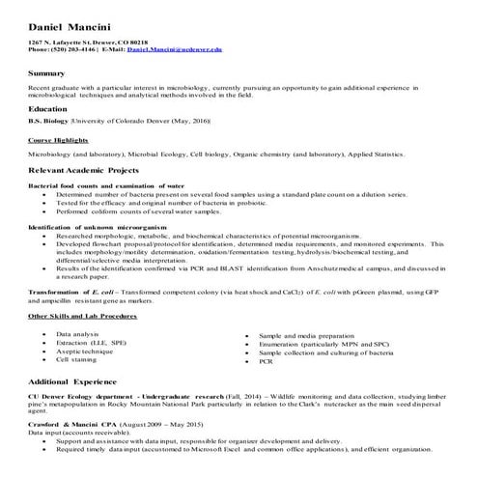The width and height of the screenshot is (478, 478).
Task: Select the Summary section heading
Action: (47, 73)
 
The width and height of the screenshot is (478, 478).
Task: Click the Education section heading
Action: (50, 109)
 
